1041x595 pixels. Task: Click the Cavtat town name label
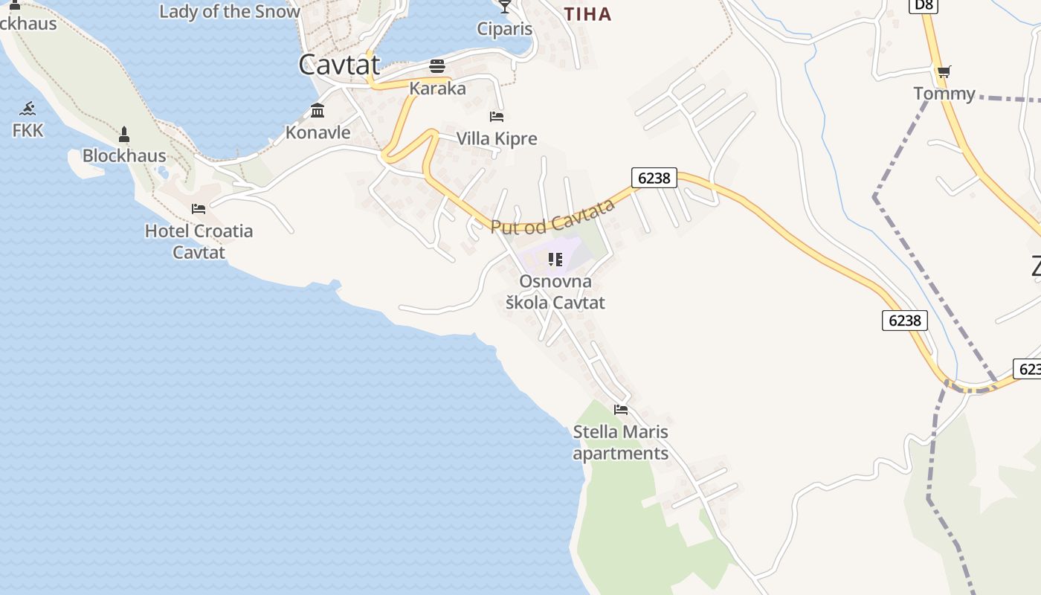tap(339, 65)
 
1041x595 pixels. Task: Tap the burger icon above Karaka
tap(437, 66)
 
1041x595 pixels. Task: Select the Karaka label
tap(437, 89)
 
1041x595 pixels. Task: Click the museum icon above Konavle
tap(318, 111)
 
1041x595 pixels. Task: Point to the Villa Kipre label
tap(496, 139)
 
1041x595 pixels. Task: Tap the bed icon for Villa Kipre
tap(497, 117)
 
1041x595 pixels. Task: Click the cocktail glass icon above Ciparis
tap(505, 7)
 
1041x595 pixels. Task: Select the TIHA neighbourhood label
tap(587, 14)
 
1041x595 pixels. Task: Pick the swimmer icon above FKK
tap(28, 109)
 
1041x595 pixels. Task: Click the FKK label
tap(28, 131)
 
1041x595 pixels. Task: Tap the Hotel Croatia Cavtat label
tap(199, 242)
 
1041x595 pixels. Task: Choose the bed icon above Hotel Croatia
tap(199, 209)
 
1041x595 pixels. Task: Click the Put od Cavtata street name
tap(553, 216)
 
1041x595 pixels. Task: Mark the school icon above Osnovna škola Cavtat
tap(555, 260)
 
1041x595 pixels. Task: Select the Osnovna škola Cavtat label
tap(555, 292)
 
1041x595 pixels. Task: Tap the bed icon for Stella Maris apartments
tap(621, 410)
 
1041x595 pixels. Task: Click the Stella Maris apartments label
tap(621, 443)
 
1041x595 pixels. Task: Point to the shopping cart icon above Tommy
tap(944, 72)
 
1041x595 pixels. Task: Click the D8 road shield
tap(923, 6)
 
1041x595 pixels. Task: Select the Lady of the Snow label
tap(230, 11)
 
